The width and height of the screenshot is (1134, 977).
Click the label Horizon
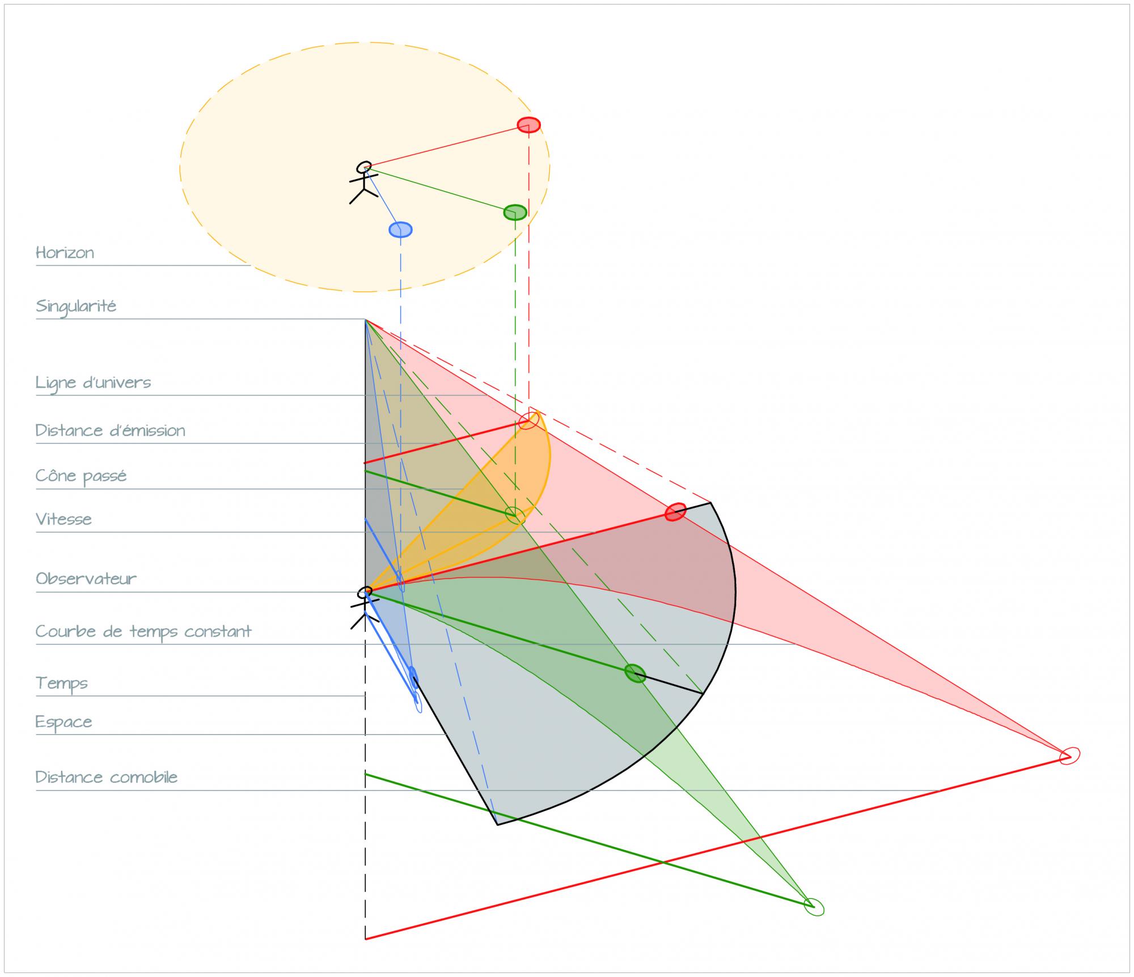click(65, 252)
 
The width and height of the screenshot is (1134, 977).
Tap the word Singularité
click(76, 307)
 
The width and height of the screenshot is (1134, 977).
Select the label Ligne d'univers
click(93, 383)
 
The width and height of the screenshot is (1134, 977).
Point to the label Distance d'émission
click(110, 431)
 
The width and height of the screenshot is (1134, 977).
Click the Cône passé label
click(81, 476)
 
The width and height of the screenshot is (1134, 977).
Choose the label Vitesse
click(64, 519)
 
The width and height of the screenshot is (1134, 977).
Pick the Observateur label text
click(86, 579)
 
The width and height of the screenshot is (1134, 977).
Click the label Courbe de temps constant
click(143, 631)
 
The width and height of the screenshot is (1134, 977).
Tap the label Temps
click(61, 683)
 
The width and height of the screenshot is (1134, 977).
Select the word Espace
click(64, 722)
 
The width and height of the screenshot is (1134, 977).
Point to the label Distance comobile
click(107, 777)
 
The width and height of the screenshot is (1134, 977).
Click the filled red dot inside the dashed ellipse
click(528, 125)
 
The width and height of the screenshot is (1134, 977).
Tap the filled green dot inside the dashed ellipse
click(515, 213)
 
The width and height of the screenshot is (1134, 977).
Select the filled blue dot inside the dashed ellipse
click(400, 230)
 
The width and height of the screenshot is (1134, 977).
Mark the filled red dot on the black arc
click(675, 512)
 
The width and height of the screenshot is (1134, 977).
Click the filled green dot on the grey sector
click(635, 673)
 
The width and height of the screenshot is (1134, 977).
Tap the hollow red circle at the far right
click(1069, 755)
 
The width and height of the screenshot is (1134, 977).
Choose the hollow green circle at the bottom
click(814, 907)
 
